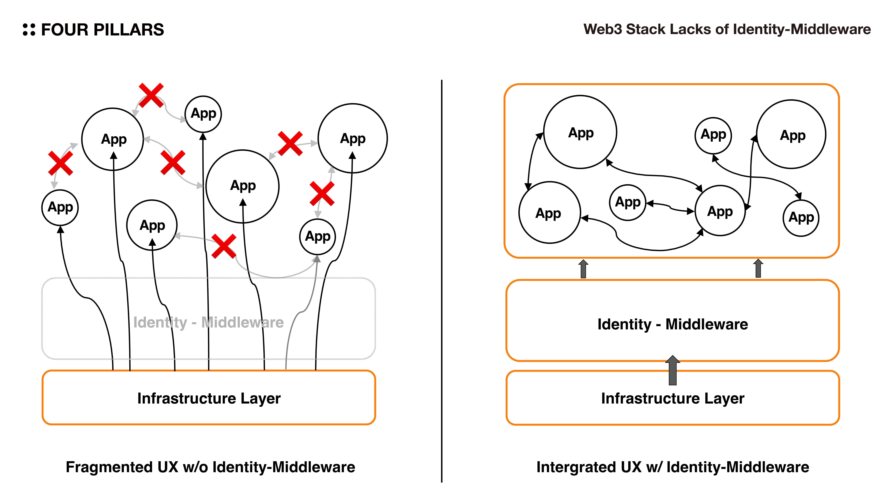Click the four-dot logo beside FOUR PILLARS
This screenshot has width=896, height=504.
tap(29, 30)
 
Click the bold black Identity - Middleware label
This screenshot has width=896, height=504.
tap(672, 324)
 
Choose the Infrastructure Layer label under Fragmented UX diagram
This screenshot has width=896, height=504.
tap(209, 398)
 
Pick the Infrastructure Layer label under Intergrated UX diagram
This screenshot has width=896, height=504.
tap(672, 398)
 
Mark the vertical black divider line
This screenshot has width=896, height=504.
tap(441, 278)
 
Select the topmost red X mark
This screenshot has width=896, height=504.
tap(151, 95)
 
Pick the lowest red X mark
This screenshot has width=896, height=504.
tap(224, 246)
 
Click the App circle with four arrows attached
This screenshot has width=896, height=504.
tap(720, 211)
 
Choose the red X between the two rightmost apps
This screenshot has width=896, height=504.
tap(322, 193)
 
